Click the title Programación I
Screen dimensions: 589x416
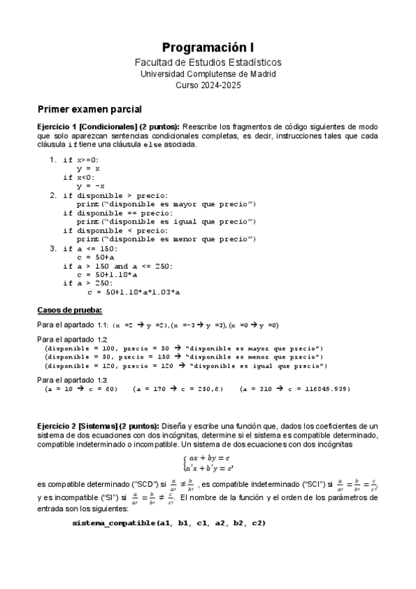coord(208,48)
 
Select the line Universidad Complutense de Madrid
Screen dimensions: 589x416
coord(208,73)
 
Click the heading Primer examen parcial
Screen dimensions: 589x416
coord(89,109)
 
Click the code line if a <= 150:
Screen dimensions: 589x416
coord(91,248)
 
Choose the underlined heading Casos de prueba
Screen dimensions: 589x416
coord(69,310)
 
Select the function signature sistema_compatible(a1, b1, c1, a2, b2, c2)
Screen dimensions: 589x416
coord(169,522)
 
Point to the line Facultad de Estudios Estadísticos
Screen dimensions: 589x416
coord(208,63)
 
